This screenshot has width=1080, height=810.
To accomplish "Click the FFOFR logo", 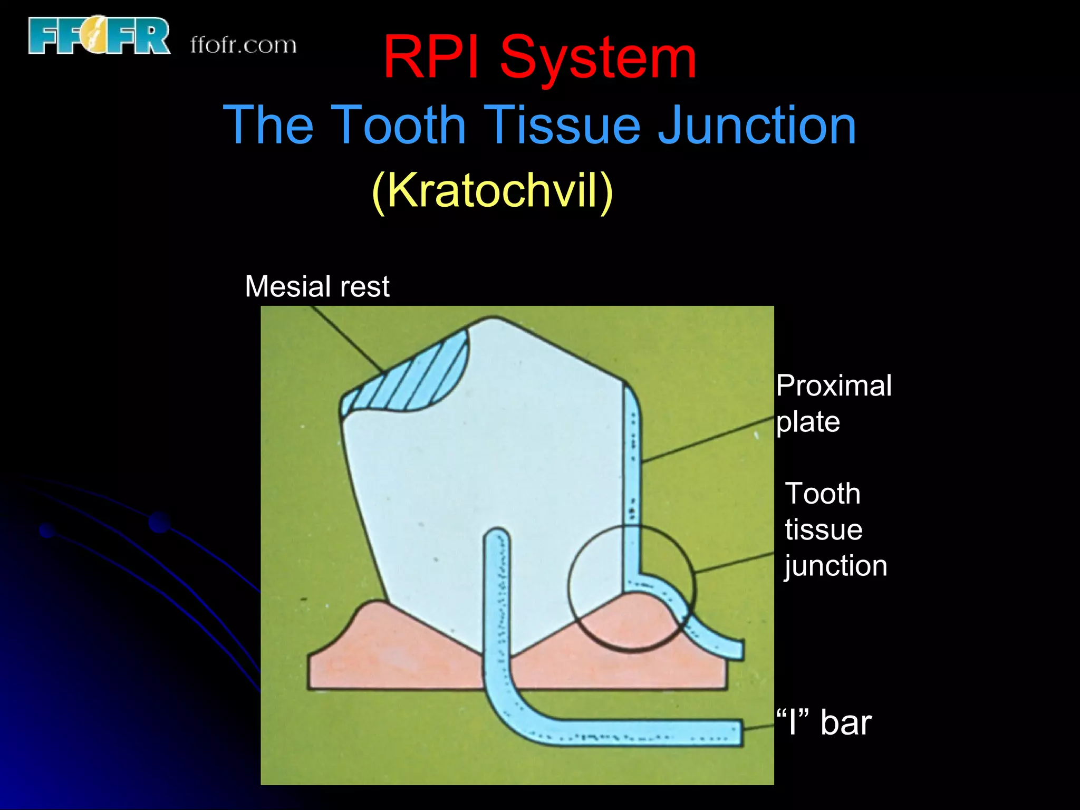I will (x=99, y=36).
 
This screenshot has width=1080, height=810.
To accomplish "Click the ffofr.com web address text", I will (x=243, y=45).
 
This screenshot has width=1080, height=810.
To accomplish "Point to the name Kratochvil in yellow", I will (x=493, y=191).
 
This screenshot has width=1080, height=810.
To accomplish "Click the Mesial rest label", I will (x=317, y=286).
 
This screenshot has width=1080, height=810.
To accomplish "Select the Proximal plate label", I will (x=833, y=403).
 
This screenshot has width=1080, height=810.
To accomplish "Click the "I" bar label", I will (x=824, y=722).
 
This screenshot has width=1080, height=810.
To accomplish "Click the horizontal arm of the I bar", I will (x=633, y=732).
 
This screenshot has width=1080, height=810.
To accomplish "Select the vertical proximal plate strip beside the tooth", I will (x=632, y=475).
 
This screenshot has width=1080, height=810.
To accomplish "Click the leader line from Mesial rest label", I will (x=348, y=337).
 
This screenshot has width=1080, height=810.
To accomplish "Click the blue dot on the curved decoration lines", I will (x=159, y=522).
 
